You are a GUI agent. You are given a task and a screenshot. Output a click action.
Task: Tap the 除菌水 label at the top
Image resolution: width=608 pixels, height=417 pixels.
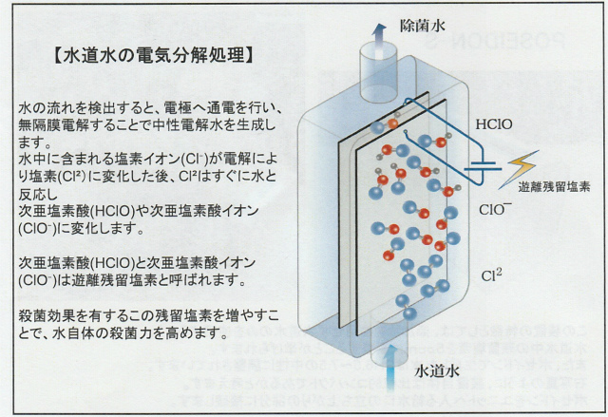click(422, 26)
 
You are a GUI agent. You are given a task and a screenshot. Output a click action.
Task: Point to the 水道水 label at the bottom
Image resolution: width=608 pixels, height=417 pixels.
click(437, 371)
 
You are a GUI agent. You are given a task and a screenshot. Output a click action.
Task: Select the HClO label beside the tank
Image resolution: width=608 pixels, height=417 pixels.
click(494, 124)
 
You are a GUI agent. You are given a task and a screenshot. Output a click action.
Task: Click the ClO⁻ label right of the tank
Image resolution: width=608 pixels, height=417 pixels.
click(495, 209)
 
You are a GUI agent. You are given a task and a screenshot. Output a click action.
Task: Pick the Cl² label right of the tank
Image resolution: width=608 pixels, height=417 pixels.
click(491, 275)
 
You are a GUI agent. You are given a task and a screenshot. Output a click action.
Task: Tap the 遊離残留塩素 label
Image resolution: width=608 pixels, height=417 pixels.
click(554, 187)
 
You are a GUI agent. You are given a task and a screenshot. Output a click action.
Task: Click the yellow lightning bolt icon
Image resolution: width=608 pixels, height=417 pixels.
click(519, 169)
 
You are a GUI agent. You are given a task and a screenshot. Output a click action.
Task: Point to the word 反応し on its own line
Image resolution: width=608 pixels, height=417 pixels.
click(38, 194)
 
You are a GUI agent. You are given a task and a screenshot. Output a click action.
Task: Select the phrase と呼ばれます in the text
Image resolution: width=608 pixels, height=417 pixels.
click(202, 279)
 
